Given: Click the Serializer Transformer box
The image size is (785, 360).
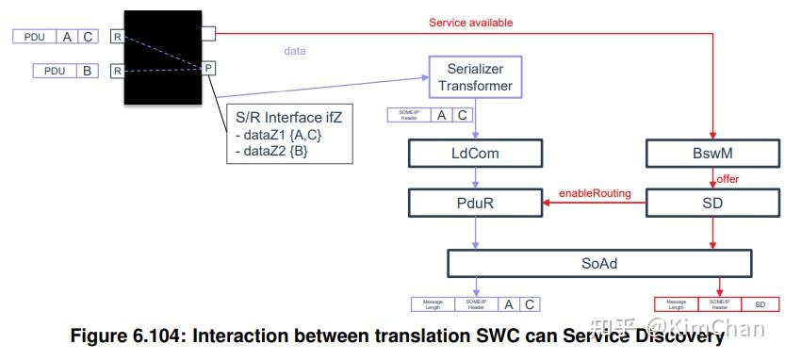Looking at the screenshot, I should tap(476, 77).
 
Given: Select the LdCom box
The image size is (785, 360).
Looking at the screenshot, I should tap(476, 154).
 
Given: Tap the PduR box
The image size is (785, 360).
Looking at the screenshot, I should tap(476, 202).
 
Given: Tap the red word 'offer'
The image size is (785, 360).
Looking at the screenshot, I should tap(728, 178).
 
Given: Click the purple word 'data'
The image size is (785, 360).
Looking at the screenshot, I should tap(295, 51).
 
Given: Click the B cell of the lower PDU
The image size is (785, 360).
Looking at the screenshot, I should tap(85, 71).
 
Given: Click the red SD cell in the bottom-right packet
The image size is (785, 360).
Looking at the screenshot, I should tap(760, 304).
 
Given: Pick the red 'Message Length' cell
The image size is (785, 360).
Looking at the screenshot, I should tap(676, 304).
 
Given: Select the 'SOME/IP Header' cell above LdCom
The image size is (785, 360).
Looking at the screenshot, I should tap(407, 116).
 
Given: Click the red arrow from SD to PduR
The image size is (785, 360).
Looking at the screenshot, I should tap(594, 202).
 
